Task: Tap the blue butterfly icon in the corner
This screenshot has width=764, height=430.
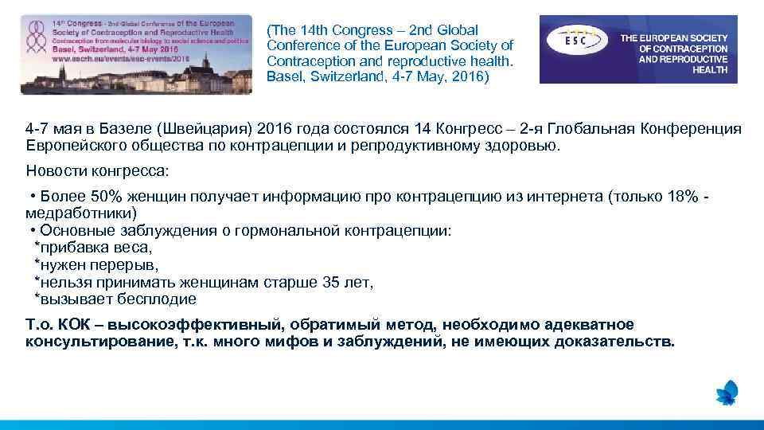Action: (x=727, y=393)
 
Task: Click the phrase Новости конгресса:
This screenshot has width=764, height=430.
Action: (x=96, y=171)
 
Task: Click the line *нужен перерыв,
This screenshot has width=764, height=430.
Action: (x=96, y=265)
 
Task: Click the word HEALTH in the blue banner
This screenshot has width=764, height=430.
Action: (x=710, y=70)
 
